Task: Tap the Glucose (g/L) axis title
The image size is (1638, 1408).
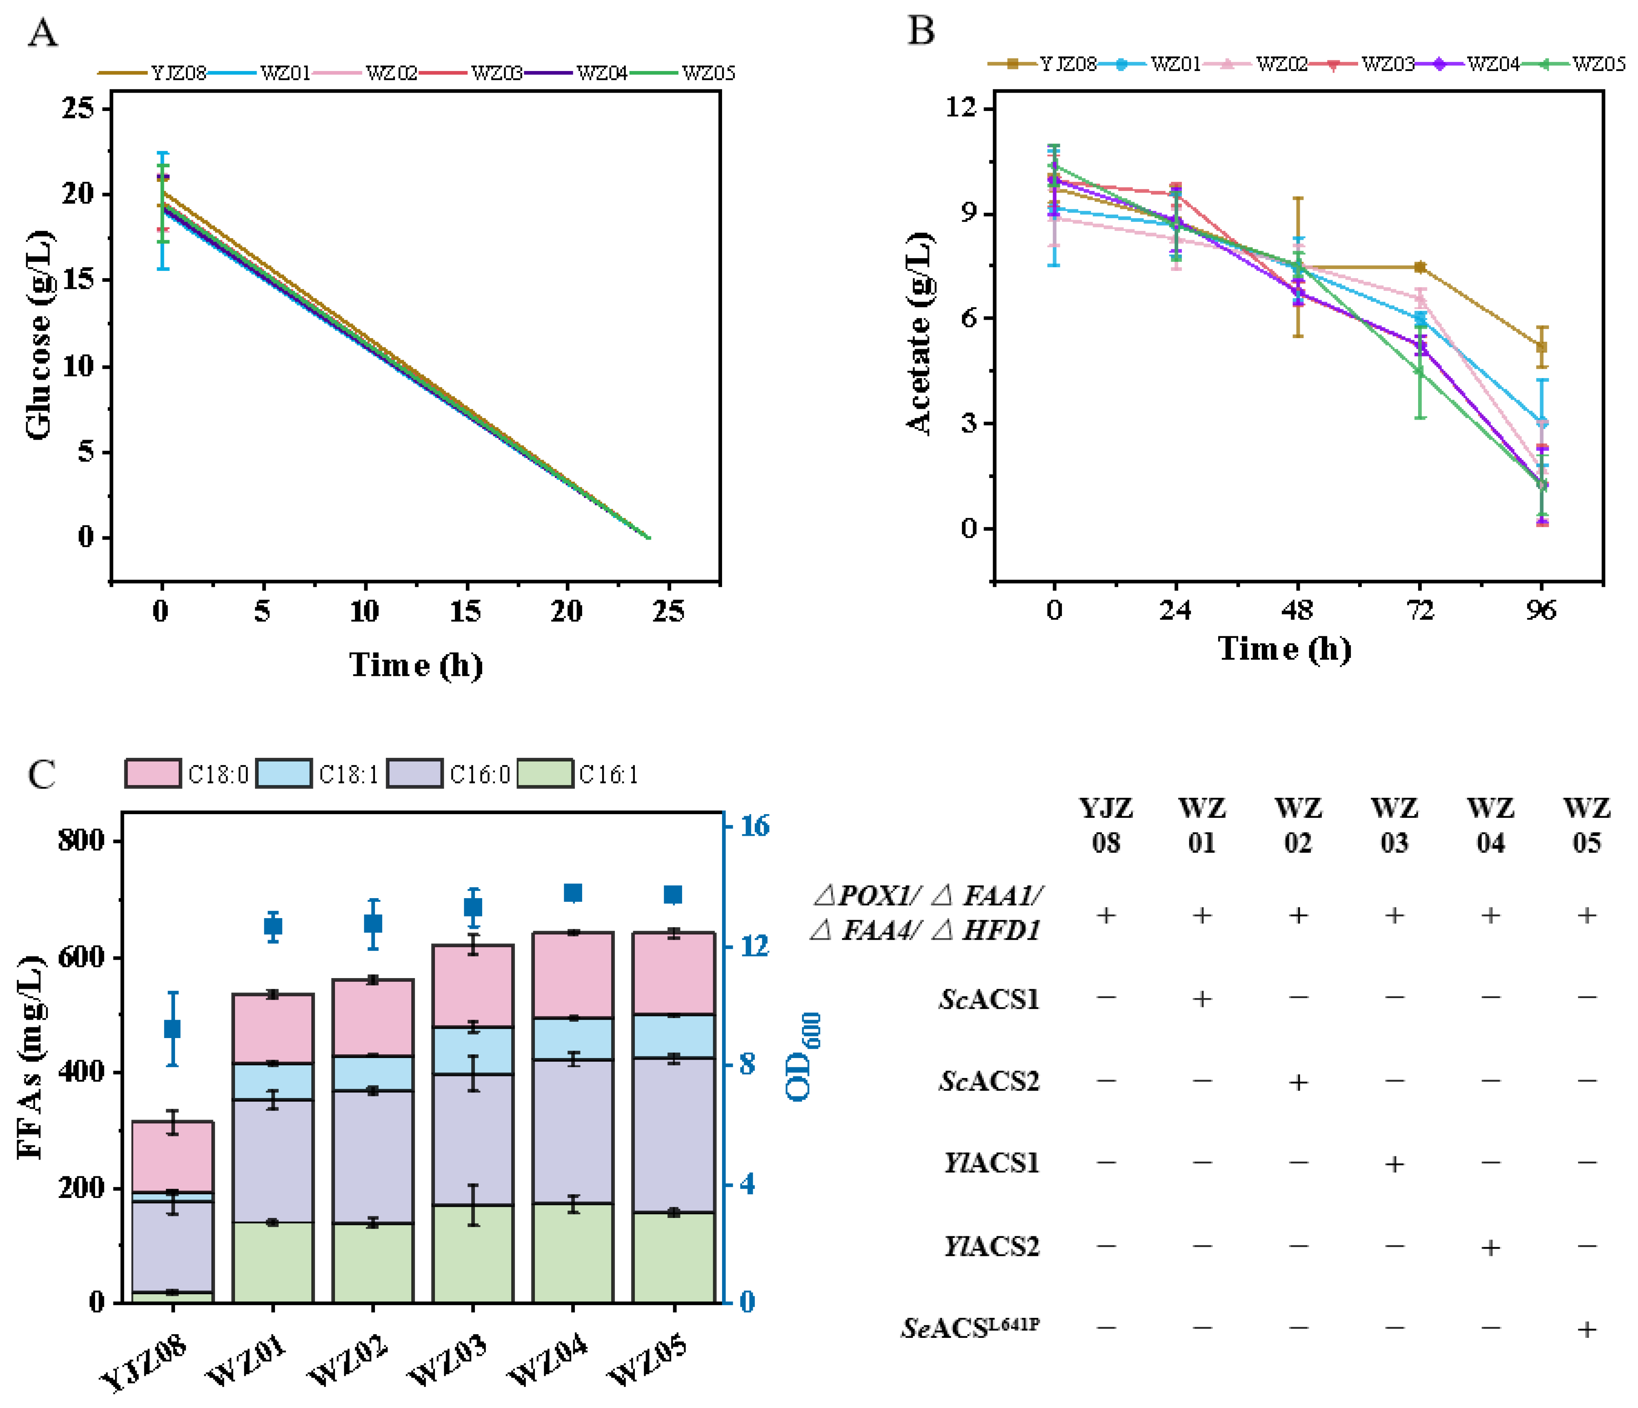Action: [38, 335]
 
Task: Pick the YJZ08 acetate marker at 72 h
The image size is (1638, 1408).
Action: [1420, 267]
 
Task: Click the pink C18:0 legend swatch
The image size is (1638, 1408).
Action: [153, 773]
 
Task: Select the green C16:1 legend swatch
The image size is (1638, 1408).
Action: [545, 773]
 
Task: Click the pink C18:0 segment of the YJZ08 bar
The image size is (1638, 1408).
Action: [172, 1156]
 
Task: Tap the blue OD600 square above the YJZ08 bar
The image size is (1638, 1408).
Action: [172, 1029]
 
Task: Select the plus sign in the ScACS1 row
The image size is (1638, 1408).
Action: [1201, 999]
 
